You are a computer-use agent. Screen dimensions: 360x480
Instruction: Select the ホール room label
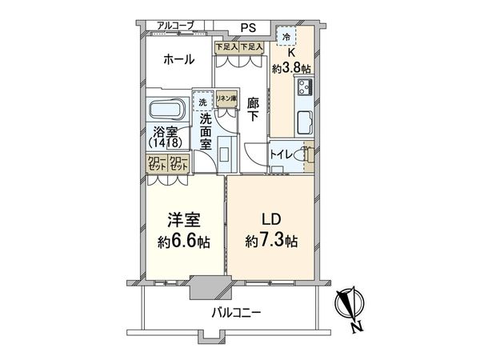[x=178, y=59]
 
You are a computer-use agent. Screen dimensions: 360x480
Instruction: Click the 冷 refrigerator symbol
[x=286, y=37]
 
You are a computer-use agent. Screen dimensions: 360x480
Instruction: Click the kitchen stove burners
[x=305, y=88]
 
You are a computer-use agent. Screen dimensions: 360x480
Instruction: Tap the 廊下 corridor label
[x=253, y=110]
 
